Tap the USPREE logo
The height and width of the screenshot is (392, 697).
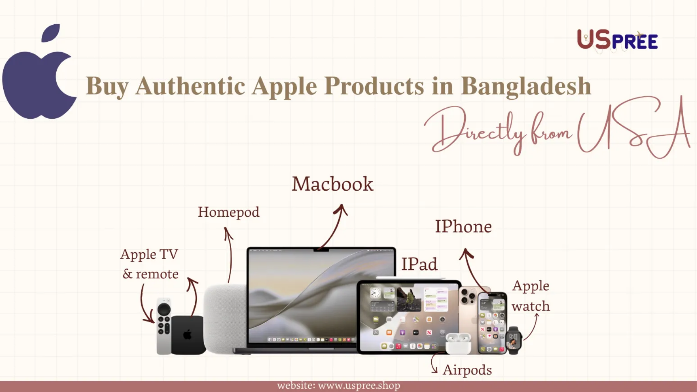point(617,40)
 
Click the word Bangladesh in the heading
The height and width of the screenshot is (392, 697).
point(526,86)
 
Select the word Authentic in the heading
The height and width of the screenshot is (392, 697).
point(190,86)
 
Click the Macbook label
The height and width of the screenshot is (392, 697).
point(333,184)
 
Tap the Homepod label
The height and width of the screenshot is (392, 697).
point(229,212)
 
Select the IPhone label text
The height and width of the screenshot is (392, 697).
point(464,226)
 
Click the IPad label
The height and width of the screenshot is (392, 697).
point(419,264)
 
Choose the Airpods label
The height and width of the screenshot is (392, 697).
point(468,370)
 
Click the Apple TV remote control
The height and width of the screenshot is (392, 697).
point(164,326)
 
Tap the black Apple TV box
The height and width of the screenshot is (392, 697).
point(188,335)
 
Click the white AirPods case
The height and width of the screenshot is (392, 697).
point(458,343)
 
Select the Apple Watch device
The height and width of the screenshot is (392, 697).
point(514,340)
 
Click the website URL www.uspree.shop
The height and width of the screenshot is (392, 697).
point(359,386)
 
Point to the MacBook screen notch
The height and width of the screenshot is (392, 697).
point(321,250)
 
